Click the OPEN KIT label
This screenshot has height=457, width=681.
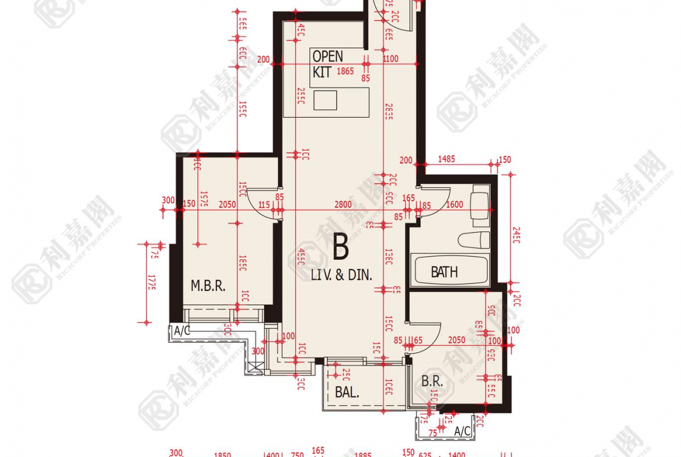tap(327, 64)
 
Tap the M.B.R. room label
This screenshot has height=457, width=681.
tap(208, 286)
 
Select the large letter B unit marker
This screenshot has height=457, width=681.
tap(341, 247)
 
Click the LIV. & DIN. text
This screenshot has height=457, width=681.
tap(341, 275)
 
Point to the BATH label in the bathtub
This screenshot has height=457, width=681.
tap(444, 272)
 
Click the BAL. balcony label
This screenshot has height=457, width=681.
tap(347, 392)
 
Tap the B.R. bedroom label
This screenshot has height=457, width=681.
tap(432, 382)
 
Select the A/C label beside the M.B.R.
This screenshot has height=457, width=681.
tap(182, 331)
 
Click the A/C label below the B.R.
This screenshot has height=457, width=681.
tap(462, 431)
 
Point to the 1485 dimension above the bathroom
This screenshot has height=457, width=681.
tap(446, 160)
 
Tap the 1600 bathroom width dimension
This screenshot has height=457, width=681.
tap(455, 204)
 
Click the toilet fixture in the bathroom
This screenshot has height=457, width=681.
tap(473, 240)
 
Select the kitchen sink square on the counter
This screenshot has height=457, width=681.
tap(325, 100)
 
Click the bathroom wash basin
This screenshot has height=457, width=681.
tap(481, 206)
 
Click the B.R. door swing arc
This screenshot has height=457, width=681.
tap(420, 343)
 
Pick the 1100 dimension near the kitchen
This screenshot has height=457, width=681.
tap(391, 59)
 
